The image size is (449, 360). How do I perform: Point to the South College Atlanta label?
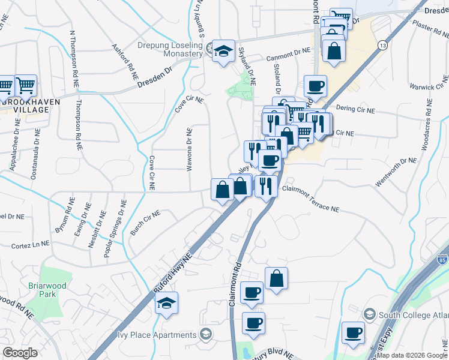(414, 315)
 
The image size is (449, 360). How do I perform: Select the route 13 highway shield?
(382, 46)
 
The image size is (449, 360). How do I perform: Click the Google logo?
(20, 353)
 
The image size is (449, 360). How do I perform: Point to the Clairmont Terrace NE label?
(311, 199)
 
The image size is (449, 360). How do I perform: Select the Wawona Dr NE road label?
(189, 149)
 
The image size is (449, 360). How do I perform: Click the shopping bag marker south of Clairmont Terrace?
(276, 278)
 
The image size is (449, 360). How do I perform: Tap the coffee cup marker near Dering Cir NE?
(315, 86)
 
